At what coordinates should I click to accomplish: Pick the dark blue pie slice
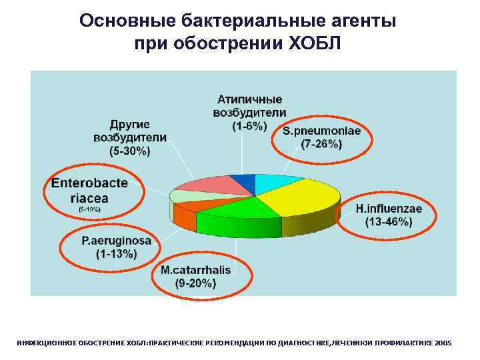tap(243, 182)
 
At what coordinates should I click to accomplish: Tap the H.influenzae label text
tap(389, 209)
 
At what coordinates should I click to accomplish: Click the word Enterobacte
tap(89, 183)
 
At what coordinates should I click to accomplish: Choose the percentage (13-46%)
tap(389, 222)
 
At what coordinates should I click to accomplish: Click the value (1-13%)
tap(116, 254)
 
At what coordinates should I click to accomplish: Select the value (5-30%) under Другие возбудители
tap(130, 151)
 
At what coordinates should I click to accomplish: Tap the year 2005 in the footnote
tap(442, 343)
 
